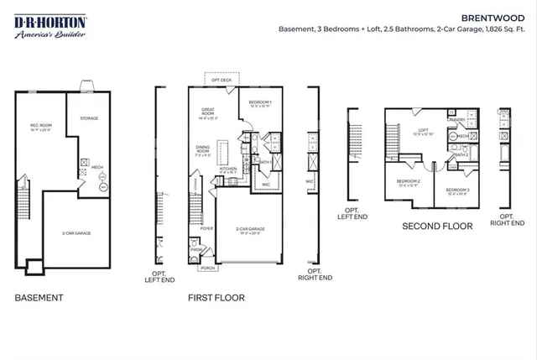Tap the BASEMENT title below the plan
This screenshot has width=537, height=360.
[x=39, y=297]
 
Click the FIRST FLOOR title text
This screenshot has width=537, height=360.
[x=216, y=297]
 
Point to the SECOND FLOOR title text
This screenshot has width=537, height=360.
[x=437, y=226]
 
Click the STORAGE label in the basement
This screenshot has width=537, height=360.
[x=89, y=119]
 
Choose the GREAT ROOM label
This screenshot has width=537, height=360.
[x=209, y=113]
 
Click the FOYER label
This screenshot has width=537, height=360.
[x=206, y=227]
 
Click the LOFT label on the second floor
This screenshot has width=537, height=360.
[x=423, y=130]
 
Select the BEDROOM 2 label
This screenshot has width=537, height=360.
[x=408, y=181]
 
